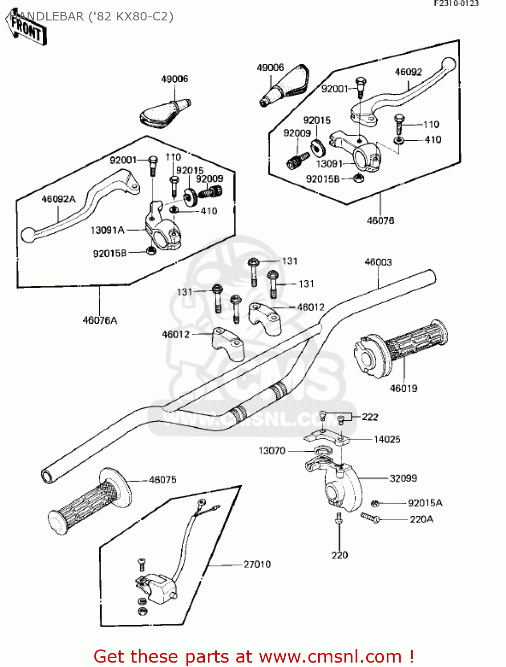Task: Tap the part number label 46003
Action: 378,262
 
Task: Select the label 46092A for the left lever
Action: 58,199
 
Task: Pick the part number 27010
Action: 257,564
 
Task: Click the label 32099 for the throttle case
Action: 403,478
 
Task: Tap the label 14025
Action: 387,439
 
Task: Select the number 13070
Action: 272,450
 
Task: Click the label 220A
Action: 421,519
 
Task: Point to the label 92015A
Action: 425,503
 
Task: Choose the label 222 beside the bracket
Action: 370,417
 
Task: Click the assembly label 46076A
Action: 100,320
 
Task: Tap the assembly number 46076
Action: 380,220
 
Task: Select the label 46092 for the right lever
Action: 408,72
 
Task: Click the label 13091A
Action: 107,230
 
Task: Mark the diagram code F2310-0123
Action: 456,4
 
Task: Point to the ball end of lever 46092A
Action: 28,235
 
